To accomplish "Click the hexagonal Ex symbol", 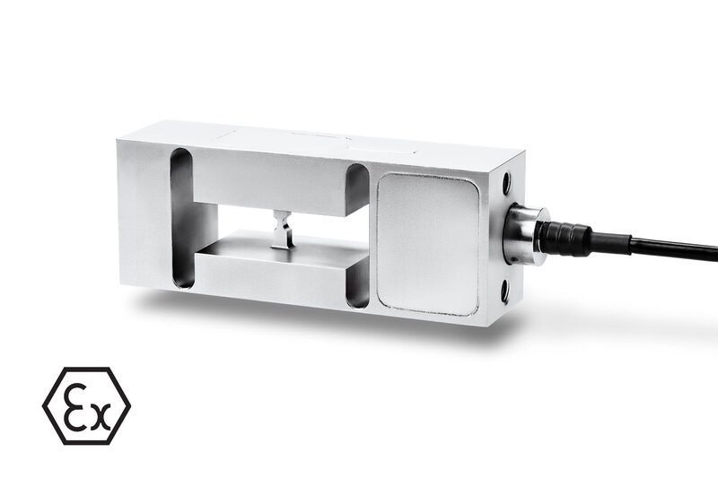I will coord(86,406).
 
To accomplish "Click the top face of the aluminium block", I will coord(314,143).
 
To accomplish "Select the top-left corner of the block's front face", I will coord(119,139).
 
